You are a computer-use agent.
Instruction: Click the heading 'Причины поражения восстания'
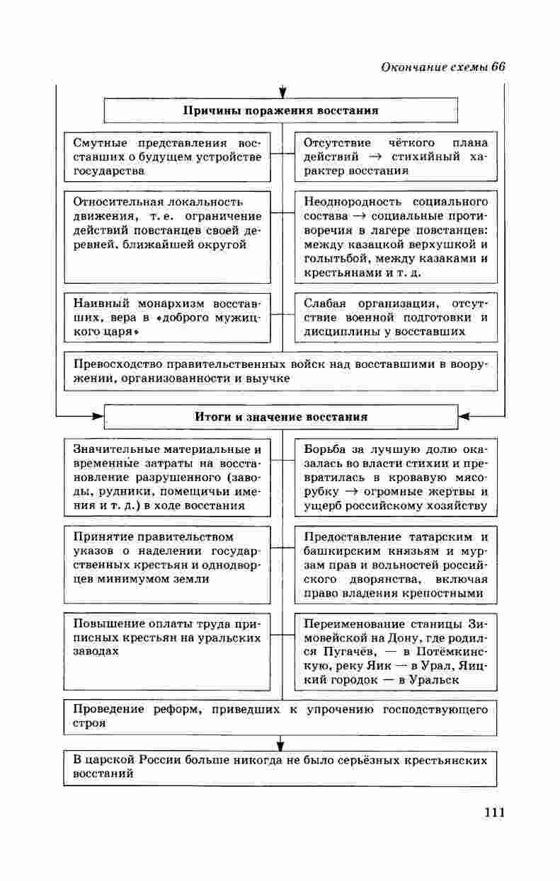(x=281, y=110)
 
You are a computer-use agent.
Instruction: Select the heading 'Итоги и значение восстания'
(x=281, y=417)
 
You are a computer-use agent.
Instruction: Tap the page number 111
(x=493, y=812)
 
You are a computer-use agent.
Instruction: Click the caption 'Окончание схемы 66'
(x=442, y=67)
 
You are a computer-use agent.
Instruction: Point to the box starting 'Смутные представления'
(x=167, y=157)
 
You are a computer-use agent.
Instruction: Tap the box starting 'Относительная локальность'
(x=167, y=236)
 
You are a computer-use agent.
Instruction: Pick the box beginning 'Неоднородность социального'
(x=396, y=236)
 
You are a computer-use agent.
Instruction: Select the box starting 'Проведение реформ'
(x=281, y=716)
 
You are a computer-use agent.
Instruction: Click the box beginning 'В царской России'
(x=281, y=768)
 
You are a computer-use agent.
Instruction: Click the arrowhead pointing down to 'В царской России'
(x=281, y=744)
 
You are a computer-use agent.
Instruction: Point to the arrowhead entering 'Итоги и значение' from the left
(x=98, y=416)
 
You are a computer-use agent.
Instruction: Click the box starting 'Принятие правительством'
(x=167, y=564)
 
